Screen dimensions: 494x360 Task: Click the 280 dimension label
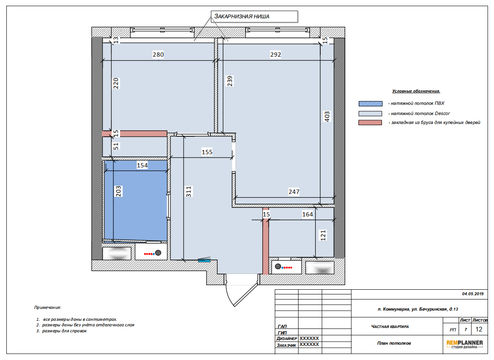coord(158,55)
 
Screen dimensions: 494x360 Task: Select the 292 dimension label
coord(276,55)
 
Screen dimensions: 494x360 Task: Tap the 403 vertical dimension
coord(327,116)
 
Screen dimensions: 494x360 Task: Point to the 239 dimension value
coord(230,81)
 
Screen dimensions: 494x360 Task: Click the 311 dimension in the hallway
coord(188,192)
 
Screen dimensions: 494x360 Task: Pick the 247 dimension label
coord(294,192)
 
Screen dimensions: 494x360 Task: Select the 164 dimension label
coord(307,214)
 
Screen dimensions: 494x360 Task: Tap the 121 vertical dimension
coord(323,235)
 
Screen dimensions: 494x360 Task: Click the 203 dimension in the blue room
coord(118,191)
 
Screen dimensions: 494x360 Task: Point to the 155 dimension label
coord(207,152)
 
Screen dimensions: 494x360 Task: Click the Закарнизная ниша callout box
coord(254,16)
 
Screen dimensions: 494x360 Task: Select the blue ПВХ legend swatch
coord(370,104)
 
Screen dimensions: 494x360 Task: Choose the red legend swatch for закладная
coord(370,123)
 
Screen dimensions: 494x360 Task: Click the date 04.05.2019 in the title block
coord(473,294)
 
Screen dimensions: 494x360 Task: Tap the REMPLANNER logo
coord(464,344)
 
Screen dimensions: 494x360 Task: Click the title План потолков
coord(394,343)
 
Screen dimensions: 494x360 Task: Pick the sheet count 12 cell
coord(479,329)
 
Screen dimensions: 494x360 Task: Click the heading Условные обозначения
coord(416,91)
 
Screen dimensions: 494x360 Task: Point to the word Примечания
coord(48,307)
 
